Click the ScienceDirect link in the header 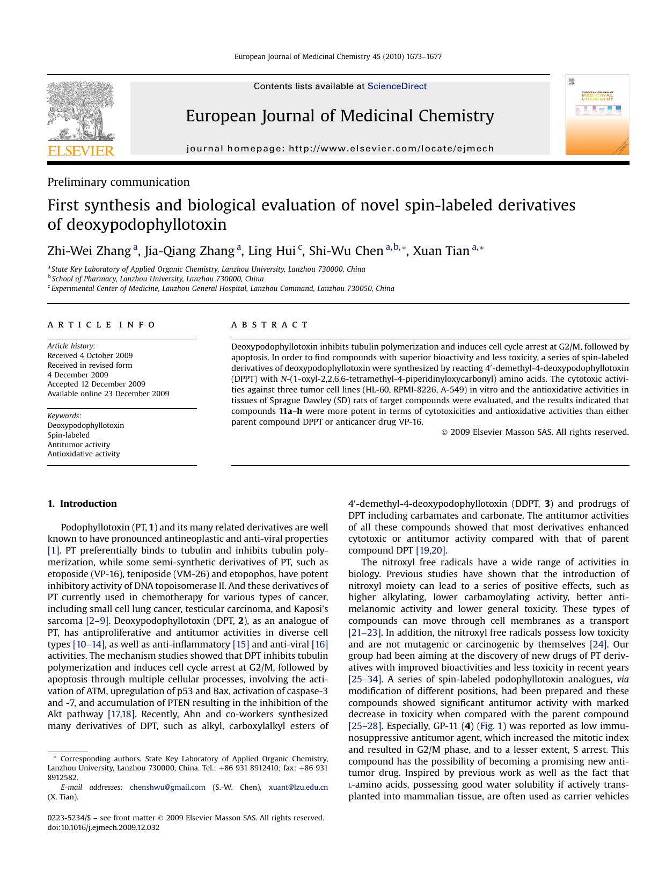tap(397, 86)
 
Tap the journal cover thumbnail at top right tap(597, 115)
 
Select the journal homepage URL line tap(340, 149)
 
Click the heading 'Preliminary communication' tap(119, 182)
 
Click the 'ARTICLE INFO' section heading tap(101, 325)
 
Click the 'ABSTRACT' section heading tap(269, 325)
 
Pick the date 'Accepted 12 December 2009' tap(96, 384)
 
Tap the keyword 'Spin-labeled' tap(68, 435)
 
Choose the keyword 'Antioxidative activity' tap(84, 454)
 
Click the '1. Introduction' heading tap(82, 504)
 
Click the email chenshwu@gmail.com tap(167, 787)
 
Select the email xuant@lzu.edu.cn tap(298, 787)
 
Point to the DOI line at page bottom tap(104, 827)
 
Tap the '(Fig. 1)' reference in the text tap(491, 726)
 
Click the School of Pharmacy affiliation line tap(157, 279)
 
